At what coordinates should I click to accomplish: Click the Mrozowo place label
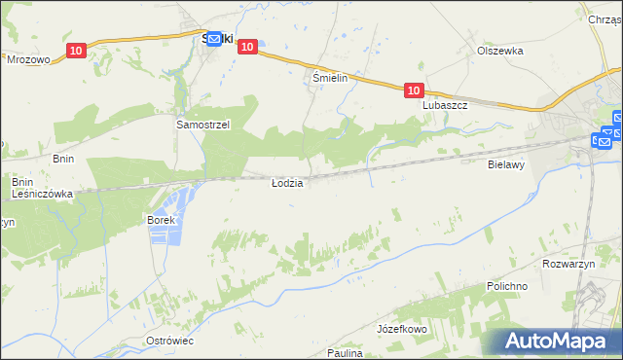tap(28, 59)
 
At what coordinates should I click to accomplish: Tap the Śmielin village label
tap(330, 76)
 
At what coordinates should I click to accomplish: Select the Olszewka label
tap(500, 51)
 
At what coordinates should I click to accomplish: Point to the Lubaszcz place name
tap(446, 105)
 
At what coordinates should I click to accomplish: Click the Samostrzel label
tap(202, 126)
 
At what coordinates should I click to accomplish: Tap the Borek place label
tap(161, 220)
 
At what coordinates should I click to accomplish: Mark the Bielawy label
tap(506, 165)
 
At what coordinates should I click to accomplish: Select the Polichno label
tap(507, 287)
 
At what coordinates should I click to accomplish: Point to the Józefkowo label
tap(403, 330)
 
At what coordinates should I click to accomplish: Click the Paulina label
tap(345, 353)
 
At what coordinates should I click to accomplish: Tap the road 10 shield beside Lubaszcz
tap(414, 90)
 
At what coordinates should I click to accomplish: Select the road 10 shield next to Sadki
tap(247, 46)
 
